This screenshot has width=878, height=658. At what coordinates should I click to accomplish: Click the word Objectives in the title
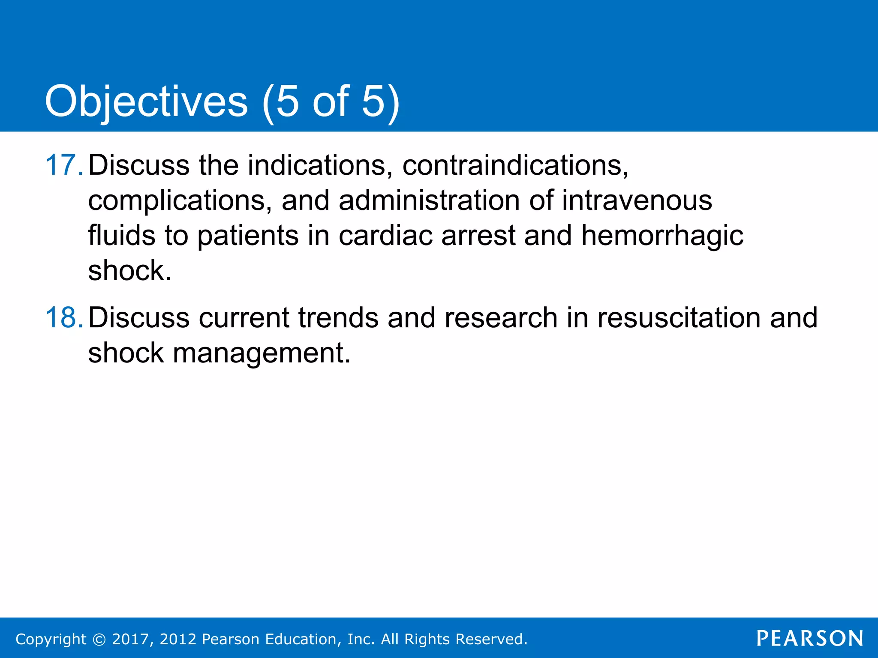click(146, 102)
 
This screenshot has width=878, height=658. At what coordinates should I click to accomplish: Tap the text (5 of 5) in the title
click(331, 102)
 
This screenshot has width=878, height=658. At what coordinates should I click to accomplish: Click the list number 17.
click(63, 165)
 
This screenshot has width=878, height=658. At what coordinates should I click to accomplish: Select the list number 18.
click(63, 318)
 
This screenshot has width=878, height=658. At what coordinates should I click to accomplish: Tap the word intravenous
click(637, 200)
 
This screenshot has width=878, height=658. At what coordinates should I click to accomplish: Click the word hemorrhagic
click(662, 236)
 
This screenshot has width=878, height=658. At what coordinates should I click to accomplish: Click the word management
click(262, 353)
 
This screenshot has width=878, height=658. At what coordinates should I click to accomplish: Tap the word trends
click(338, 318)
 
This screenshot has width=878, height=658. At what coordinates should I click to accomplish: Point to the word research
click(501, 318)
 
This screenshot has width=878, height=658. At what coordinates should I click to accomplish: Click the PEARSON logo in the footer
click(809, 638)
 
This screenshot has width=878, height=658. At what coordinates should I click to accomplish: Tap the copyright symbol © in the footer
click(99, 639)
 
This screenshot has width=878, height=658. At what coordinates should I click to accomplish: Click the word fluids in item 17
click(121, 236)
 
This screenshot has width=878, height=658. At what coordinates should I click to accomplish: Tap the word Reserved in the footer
click(491, 639)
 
